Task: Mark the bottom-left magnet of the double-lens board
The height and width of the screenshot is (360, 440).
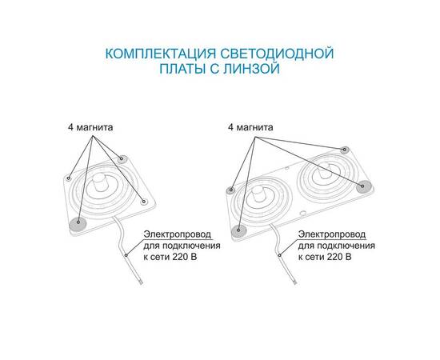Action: (x=238, y=231)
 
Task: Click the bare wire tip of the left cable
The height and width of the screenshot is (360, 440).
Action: (x=142, y=286)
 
